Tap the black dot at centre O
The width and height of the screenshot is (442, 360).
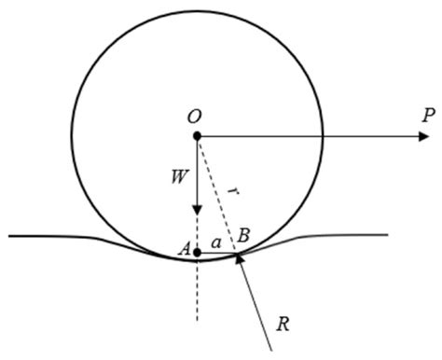pyautogui.click(x=197, y=136)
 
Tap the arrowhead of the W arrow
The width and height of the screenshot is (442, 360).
pyautogui.click(x=197, y=210)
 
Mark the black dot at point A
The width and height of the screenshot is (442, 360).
pyautogui.click(x=197, y=251)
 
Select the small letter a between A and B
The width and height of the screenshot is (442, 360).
pyautogui.click(x=215, y=242)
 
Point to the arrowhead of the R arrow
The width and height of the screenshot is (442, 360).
pyautogui.click(x=239, y=256)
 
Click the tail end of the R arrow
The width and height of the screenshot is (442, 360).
pyautogui.click(x=271, y=349)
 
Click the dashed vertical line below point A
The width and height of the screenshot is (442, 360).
pyautogui.click(x=197, y=294)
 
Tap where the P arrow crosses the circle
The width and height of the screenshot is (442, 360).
pyautogui.click(x=323, y=136)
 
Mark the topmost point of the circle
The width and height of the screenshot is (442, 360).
pyautogui.click(x=197, y=10)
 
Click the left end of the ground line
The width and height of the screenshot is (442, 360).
pyautogui.click(x=9, y=236)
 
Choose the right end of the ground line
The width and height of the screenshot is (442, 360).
pyautogui.click(x=387, y=234)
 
